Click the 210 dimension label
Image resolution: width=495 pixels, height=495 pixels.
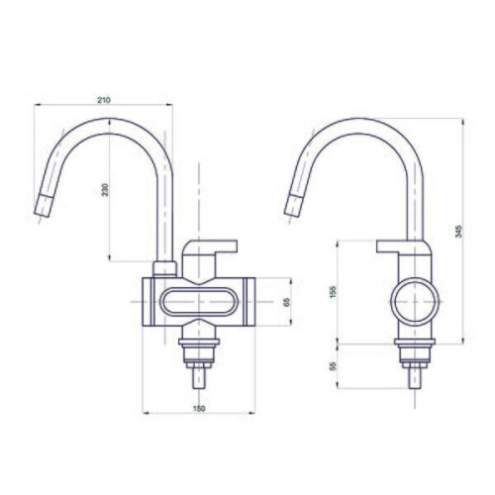pyautogui.click(x=104, y=100)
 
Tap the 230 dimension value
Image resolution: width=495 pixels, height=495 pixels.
pyautogui.click(x=105, y=190)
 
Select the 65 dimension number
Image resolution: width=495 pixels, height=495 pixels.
pyautogui.click(x=286, y=302)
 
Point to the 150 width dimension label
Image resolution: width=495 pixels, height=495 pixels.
pyautogui.click(x=199, y=408)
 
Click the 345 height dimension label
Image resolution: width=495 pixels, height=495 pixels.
pyautogui.click(x=459, y=231)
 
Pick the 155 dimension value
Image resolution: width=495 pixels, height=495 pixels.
pyautogui.click(x=333, y=292)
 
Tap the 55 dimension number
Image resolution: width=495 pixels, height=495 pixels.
pyautogui.click(x=333, y=366)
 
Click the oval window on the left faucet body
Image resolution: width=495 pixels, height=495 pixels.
pyautogui.click(x=199, y=302)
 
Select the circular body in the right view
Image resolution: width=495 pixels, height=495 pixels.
pyautogui.click(x=415, y=302)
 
